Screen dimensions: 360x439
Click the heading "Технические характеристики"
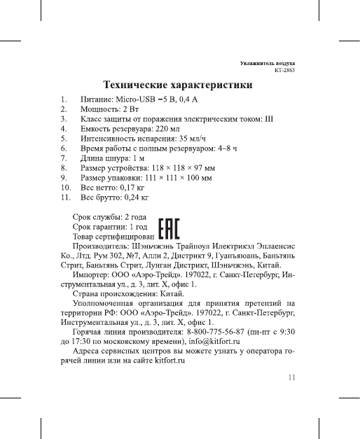coord(178,85)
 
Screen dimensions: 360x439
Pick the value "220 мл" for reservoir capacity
coord(169,130)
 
